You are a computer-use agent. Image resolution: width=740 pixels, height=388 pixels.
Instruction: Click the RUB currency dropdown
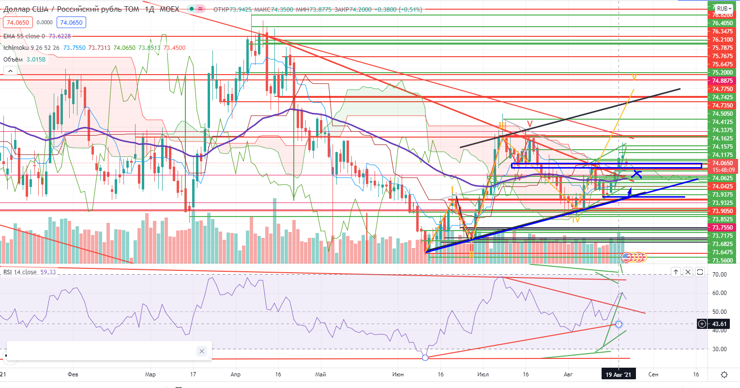pos(724,8)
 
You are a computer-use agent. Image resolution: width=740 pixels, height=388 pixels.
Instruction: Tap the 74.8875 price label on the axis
pos(723,80)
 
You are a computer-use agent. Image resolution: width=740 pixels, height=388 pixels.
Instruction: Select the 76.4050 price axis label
pos(723,23)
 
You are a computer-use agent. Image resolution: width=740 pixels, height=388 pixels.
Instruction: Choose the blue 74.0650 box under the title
pos(70,22)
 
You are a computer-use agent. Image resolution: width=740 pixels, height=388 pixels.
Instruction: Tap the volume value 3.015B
pos(36,60)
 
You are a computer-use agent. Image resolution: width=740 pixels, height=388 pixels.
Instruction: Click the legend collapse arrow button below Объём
pos(10,71)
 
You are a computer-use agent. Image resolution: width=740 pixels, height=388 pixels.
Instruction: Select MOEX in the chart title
pos(169,9)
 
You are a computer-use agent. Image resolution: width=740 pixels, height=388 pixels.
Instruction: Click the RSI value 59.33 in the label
pos(48,272)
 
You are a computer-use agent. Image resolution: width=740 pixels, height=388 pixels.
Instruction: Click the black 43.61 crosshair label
pos(720,324)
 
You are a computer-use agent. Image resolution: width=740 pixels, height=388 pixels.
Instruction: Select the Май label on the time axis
pos(320,374)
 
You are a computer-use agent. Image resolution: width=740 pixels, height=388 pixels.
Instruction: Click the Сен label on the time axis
pos(653,374)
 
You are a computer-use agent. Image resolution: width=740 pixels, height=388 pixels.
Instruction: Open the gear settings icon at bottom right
pos(725,374)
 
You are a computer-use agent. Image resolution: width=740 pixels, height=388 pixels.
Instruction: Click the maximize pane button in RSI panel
pos(700,272)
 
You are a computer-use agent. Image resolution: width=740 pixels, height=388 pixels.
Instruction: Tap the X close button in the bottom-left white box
pos(202,351)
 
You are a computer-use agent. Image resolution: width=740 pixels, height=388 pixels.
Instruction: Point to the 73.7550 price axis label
pos(723,228)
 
